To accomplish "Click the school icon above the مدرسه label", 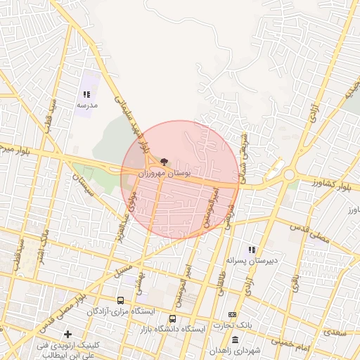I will click(87, 94).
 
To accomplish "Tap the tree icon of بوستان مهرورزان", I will click(164, 162).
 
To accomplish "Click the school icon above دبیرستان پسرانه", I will click(252, 250).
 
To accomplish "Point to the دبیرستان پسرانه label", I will click(253, 260).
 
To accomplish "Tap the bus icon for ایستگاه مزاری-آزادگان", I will click(120, 300).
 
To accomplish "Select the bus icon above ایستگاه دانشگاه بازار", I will click(173, 319).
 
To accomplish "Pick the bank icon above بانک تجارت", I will click(233, 314).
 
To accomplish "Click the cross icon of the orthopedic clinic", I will click(67, 334).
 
